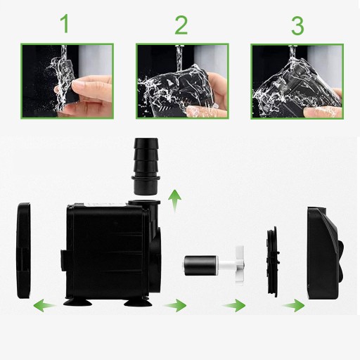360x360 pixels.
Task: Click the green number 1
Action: point(65,23)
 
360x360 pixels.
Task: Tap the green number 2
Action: point(181,25)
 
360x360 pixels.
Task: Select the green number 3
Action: point(297,25)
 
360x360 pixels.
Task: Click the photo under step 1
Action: point(67,81)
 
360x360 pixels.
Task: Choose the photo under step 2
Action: point(182,81)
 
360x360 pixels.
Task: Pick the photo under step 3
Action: point(297,82)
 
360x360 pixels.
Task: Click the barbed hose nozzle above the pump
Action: point(146,166)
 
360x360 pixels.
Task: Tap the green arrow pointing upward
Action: point(175,201)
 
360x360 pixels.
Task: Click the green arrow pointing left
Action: point(44,305)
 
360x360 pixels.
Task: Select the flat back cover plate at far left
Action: point(24,251)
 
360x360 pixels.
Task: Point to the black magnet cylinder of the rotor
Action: point(200,265)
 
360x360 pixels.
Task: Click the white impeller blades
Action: point(240,265)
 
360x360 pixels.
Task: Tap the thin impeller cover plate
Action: point(274,262)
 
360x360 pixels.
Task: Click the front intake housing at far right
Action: point(326,253)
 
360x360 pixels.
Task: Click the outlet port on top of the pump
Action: point(144,204)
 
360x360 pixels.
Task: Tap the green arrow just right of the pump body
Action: point(175,305)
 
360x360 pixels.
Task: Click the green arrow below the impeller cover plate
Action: point(234,305)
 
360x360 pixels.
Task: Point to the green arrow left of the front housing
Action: point(293,305)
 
